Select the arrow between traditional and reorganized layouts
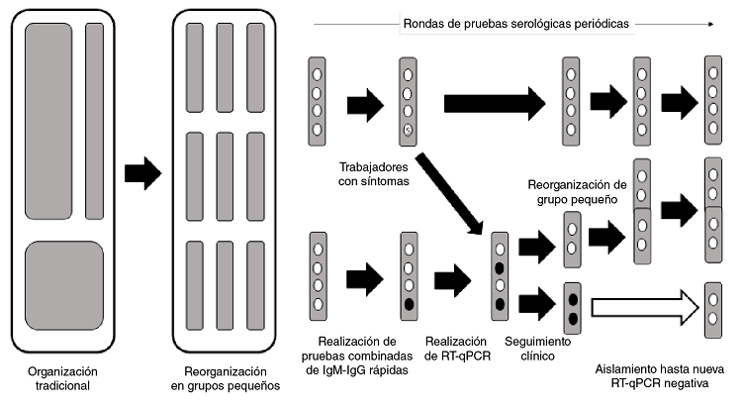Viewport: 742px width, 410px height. pyautogui.click(x=142, y=172)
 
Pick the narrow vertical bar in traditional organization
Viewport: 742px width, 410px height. pyautogui.click(x=94, y=120)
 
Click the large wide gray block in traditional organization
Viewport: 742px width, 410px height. pyautogui.click(x=48, y=120)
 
